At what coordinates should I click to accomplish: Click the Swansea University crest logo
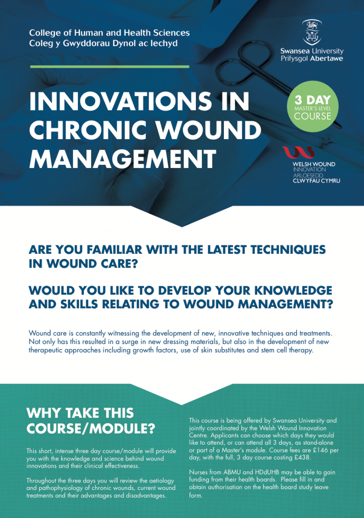pyautogui.click(x=312, y=32)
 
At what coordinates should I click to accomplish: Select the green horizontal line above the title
pyautogui.click(x=109, y=66)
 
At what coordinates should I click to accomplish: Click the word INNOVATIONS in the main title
pyautogui.click(x=121, y=101)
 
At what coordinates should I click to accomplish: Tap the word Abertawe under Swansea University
pyautogui.click(x=326, y=58)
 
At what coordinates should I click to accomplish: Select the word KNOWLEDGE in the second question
pyautogui.click(x=294, y=291)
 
